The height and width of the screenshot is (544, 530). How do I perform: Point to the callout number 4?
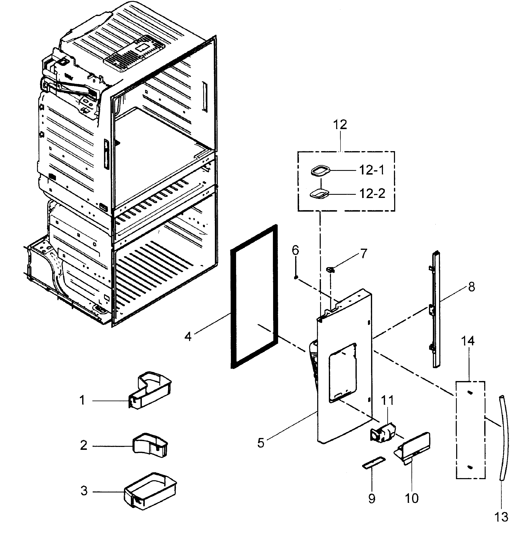tap(188, 337)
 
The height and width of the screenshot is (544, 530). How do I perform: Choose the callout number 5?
tap(261, 443)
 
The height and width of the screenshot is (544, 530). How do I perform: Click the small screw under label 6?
tap(296, 277)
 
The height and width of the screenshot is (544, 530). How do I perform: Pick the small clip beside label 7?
tap(330, 269)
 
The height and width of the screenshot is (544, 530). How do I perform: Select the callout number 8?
tap(471, 287)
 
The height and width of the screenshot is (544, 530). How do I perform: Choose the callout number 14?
tap(468, 341)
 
